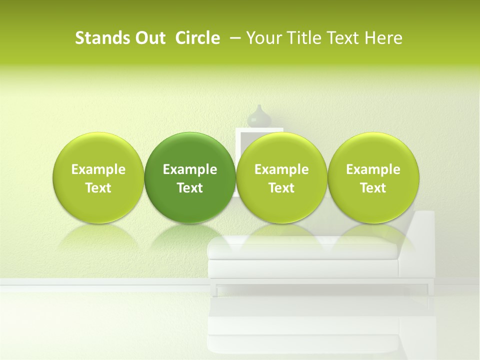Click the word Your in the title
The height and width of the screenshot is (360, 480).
261,38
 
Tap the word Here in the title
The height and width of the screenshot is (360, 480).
384,38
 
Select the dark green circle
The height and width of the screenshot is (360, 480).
190,177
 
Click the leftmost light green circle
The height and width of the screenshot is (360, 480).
98,177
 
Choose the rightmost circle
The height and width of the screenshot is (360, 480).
373,177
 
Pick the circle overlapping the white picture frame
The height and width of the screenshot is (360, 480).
281,177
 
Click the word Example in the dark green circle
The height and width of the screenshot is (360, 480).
190,169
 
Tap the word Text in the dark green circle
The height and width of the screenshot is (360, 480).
190,188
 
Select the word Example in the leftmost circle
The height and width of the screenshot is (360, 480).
98,169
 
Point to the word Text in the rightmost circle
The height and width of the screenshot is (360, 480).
373,188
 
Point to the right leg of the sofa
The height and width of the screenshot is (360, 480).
428,289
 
